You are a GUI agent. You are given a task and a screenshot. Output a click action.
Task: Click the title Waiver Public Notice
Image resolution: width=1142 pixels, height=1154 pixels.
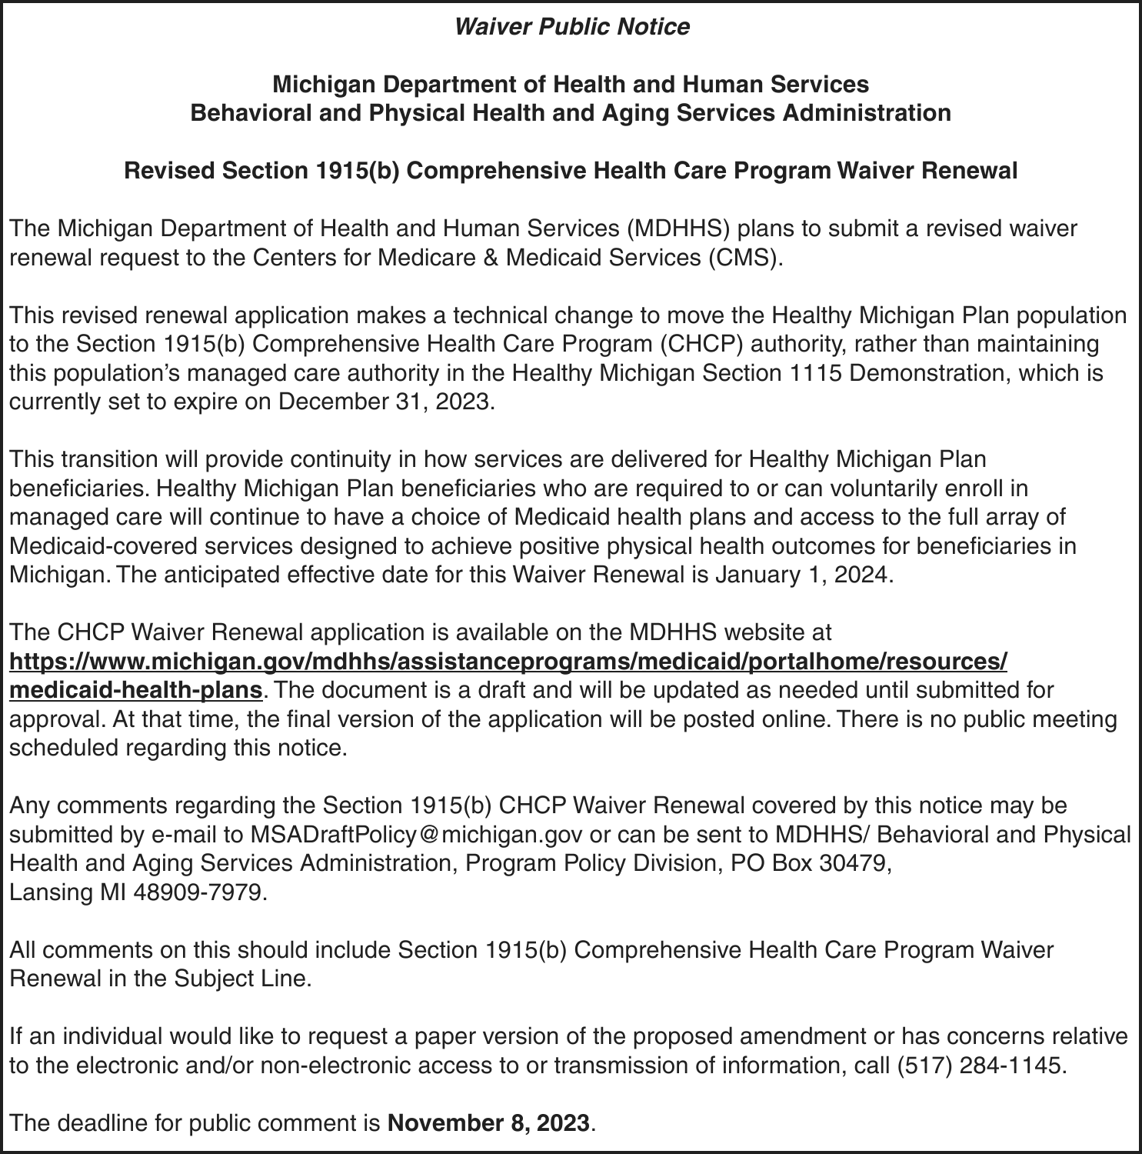click(x=571, y=27)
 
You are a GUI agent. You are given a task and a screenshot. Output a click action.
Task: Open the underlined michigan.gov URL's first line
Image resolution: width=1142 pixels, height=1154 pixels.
click(x=508, y=661)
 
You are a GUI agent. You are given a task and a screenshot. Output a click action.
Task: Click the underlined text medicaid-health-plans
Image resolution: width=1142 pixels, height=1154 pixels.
click(x=136, y=690)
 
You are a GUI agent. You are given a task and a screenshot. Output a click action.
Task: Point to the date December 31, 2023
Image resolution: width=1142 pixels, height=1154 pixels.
click(x=383, y=402)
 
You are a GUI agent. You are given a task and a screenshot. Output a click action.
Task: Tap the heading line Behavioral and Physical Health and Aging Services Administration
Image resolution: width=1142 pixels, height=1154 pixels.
click(x=571, y=113)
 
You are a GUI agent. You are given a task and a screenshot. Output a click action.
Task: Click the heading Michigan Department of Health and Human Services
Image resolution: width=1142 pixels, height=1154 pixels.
click(x=571, y=84)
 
